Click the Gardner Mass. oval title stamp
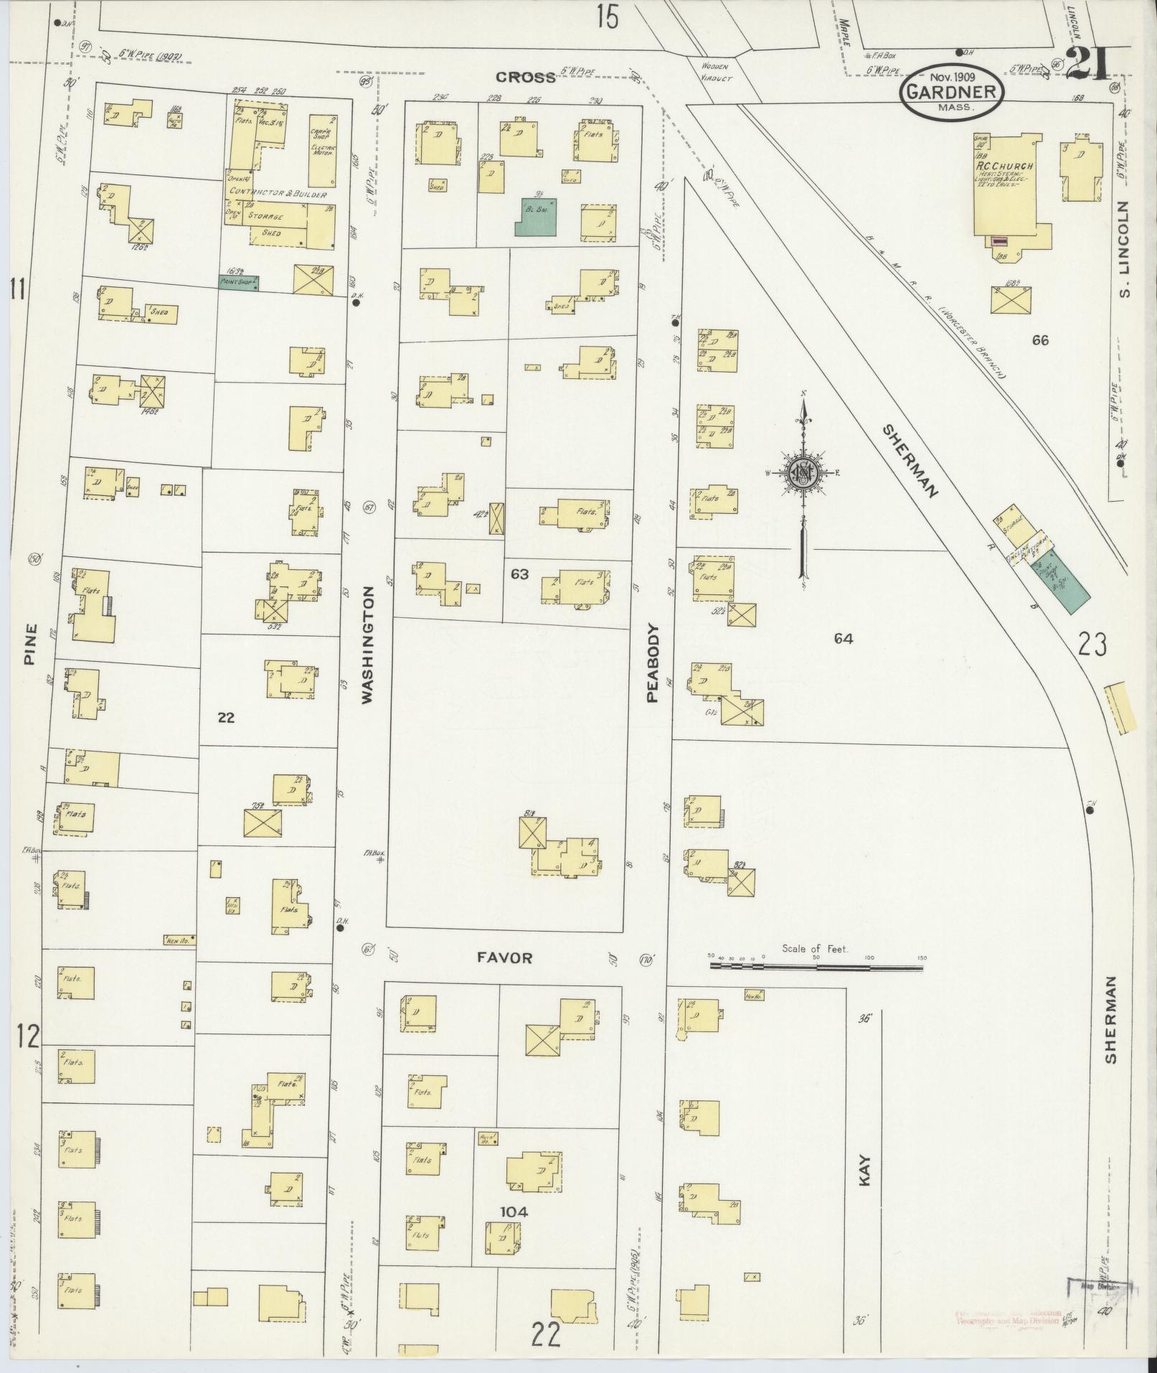(952, 91)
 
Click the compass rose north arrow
(804, 474)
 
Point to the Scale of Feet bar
(816, 966)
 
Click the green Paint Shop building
(238, 283)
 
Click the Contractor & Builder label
(277, 195)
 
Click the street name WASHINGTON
(367, 645)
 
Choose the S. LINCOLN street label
(1123, 249)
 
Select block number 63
(519, 574)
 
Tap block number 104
(514, 1212)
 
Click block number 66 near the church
(1039, 340)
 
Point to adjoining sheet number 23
(1091, 645)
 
